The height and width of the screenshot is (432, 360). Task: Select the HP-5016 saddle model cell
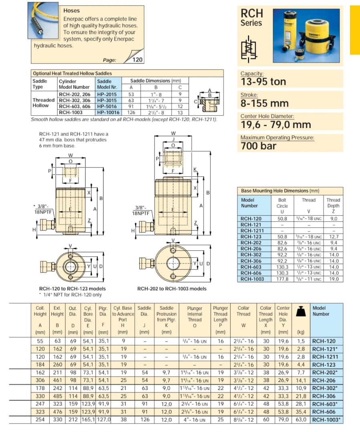(x=107, y=106)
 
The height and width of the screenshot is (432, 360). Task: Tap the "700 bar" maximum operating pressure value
(x=258, y=146)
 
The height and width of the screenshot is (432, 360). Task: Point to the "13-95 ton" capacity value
(x=263, y=82)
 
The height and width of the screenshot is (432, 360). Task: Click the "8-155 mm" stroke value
(x=264, y=103)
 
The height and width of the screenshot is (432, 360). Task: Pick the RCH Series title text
(x=251, y=18)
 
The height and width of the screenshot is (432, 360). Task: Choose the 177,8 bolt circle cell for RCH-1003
(x=282, y=279)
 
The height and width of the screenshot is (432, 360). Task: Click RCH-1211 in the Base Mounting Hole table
(x=251, y=231)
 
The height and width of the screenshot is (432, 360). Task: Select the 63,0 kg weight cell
(x=301, y=419)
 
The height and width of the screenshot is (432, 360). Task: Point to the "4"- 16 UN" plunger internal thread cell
(x=195, y=419)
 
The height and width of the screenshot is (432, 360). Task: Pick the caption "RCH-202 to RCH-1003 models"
(x=172, y=288)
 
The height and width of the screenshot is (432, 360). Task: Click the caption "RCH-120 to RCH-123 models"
(x=72, y=288)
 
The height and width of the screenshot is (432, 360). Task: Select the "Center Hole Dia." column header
(x=283, y=314)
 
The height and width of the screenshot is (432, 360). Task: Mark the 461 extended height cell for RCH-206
(x=57, y=380)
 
